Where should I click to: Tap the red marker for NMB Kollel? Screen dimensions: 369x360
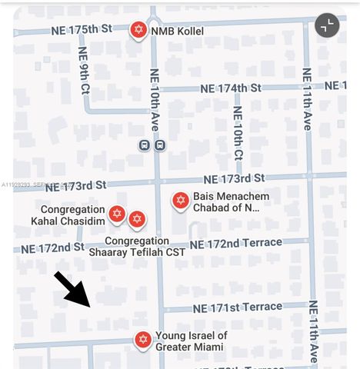138,30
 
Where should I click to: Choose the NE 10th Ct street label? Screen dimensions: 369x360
238,131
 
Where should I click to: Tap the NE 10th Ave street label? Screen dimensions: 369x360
155,100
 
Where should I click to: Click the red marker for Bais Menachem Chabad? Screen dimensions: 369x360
180,201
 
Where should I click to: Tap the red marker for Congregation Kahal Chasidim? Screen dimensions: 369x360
117,214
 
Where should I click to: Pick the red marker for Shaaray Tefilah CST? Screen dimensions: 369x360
136,220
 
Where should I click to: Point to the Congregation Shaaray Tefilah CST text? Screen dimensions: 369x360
137,246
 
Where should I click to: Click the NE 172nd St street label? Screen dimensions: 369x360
52,248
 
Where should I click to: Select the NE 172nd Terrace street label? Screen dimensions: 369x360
235,244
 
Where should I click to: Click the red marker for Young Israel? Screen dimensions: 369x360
142,339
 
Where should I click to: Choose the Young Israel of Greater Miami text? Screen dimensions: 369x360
191,341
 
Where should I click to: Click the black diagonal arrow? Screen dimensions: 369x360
74,290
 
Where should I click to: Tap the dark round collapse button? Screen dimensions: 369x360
327,25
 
